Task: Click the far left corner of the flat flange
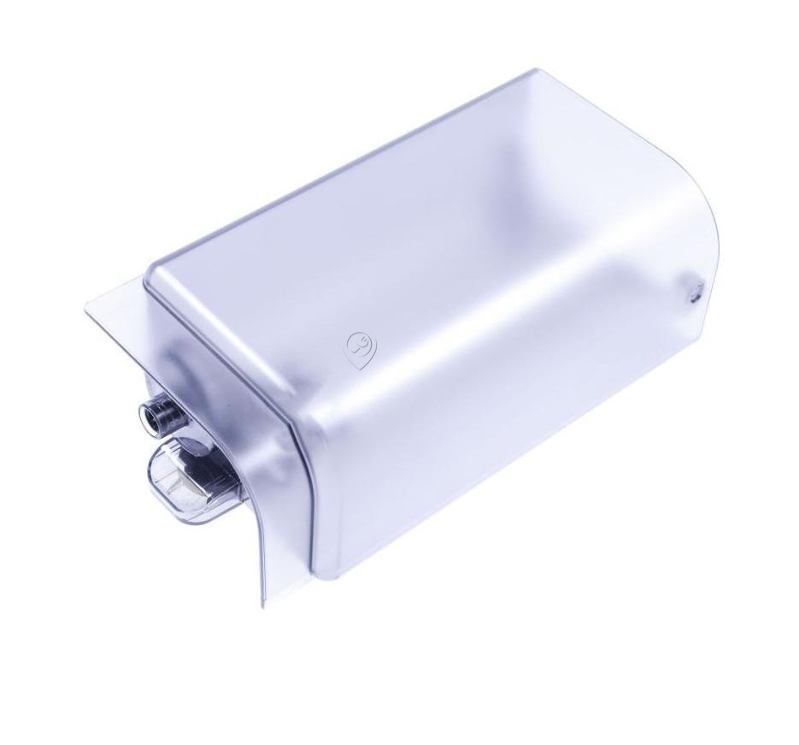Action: pos(86,306)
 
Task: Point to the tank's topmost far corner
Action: pos(537,70)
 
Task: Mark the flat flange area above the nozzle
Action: pos(128,342)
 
